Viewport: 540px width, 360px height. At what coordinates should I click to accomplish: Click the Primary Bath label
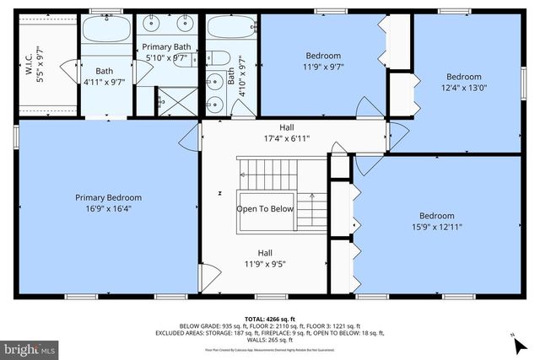[166, 46]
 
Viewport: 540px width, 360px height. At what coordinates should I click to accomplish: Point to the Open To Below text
[265, 209]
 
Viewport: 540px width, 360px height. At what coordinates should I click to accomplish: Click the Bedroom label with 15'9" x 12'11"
[436, 215]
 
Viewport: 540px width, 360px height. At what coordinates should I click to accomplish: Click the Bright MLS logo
[30, 347]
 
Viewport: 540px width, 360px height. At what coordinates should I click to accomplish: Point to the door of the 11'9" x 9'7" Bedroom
[369, 108]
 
